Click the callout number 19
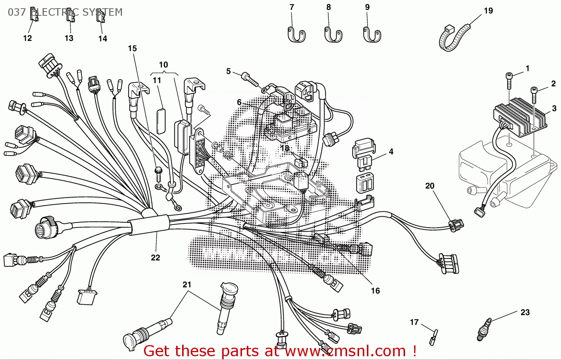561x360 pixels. [488, 11]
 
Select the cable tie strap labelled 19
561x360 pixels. [453, 37]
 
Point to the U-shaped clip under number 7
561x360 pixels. [296, 34]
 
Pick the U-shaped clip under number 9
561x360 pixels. [372, 34]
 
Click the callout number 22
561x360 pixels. [155, 257]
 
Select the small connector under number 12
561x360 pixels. [34, 15]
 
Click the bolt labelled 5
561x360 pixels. [250, 79]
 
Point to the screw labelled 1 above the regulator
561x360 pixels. [509, 80]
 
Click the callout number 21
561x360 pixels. [187, 285]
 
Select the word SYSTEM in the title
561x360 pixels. [102, 12]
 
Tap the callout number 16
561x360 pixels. [375, 291]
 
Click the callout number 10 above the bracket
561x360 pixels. [163, 65]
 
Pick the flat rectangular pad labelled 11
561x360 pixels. [161, 120]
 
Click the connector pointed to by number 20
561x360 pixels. [456, 225]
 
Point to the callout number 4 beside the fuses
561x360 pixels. [391, 152]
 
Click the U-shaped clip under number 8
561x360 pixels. [333, 34]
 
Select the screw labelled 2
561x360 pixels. [534, 94]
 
